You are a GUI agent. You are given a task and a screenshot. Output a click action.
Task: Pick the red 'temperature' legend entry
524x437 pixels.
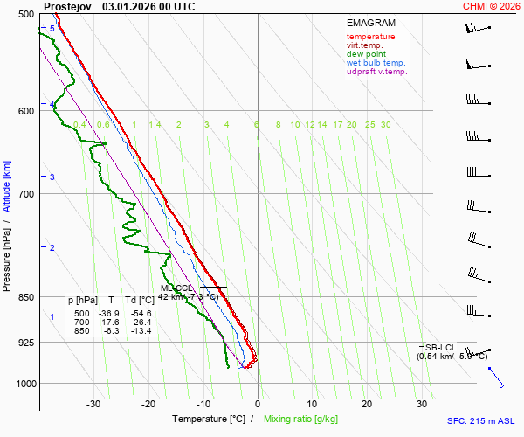[370, 37]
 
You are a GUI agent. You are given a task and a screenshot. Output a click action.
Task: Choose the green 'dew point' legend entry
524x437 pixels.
[365, 54]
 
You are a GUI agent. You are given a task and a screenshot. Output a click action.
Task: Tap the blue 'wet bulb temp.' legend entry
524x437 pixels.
[376, 63]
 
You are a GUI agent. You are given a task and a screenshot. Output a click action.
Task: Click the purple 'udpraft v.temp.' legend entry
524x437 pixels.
[376, 72]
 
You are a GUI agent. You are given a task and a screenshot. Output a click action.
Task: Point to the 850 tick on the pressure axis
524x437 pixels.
[26, 297]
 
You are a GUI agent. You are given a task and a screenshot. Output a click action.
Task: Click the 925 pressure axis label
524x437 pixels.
[26, 343]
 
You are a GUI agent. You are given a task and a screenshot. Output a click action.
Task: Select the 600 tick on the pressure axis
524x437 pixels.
[26, 111]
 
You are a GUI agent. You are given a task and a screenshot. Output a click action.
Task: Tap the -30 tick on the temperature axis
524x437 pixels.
[93, 404]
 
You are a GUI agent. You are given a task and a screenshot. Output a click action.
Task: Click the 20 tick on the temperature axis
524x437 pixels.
[367, 404]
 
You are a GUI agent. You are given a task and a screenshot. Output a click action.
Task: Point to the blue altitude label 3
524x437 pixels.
[52, 177]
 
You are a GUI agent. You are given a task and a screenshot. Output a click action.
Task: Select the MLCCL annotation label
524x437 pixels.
[176, 288]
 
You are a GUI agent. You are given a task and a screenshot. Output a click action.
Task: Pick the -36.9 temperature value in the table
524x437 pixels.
[109, 313]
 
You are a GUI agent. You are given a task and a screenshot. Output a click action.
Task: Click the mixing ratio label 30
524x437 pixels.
[385, 125]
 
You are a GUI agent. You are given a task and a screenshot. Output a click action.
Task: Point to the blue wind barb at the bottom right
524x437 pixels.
[496, 377]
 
